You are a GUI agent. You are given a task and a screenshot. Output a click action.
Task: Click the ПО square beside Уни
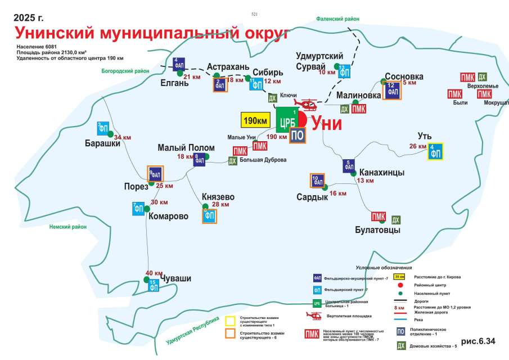point(298,135)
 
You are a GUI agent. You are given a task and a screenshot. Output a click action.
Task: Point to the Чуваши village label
point(176,278)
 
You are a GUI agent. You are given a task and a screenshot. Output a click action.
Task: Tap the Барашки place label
point(103,142)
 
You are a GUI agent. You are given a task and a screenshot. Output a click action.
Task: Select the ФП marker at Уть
point(435,152)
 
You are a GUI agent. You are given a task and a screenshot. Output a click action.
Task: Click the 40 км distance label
point(154,273)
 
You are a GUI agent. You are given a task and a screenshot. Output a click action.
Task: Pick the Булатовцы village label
point(377,230)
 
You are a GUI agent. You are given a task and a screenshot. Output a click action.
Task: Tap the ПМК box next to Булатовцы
point(379,217)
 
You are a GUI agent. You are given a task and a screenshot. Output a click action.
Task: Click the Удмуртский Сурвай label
point(320,61)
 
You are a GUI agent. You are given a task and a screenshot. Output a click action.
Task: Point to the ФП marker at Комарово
point(139,208)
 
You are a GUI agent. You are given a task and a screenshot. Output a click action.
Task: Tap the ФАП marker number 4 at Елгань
point(179,64)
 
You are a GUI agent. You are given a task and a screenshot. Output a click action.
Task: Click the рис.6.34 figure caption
point(478,341)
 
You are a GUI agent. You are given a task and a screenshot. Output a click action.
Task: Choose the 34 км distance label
point(123,137)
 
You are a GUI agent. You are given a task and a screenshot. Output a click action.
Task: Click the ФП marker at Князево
point(209,215)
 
